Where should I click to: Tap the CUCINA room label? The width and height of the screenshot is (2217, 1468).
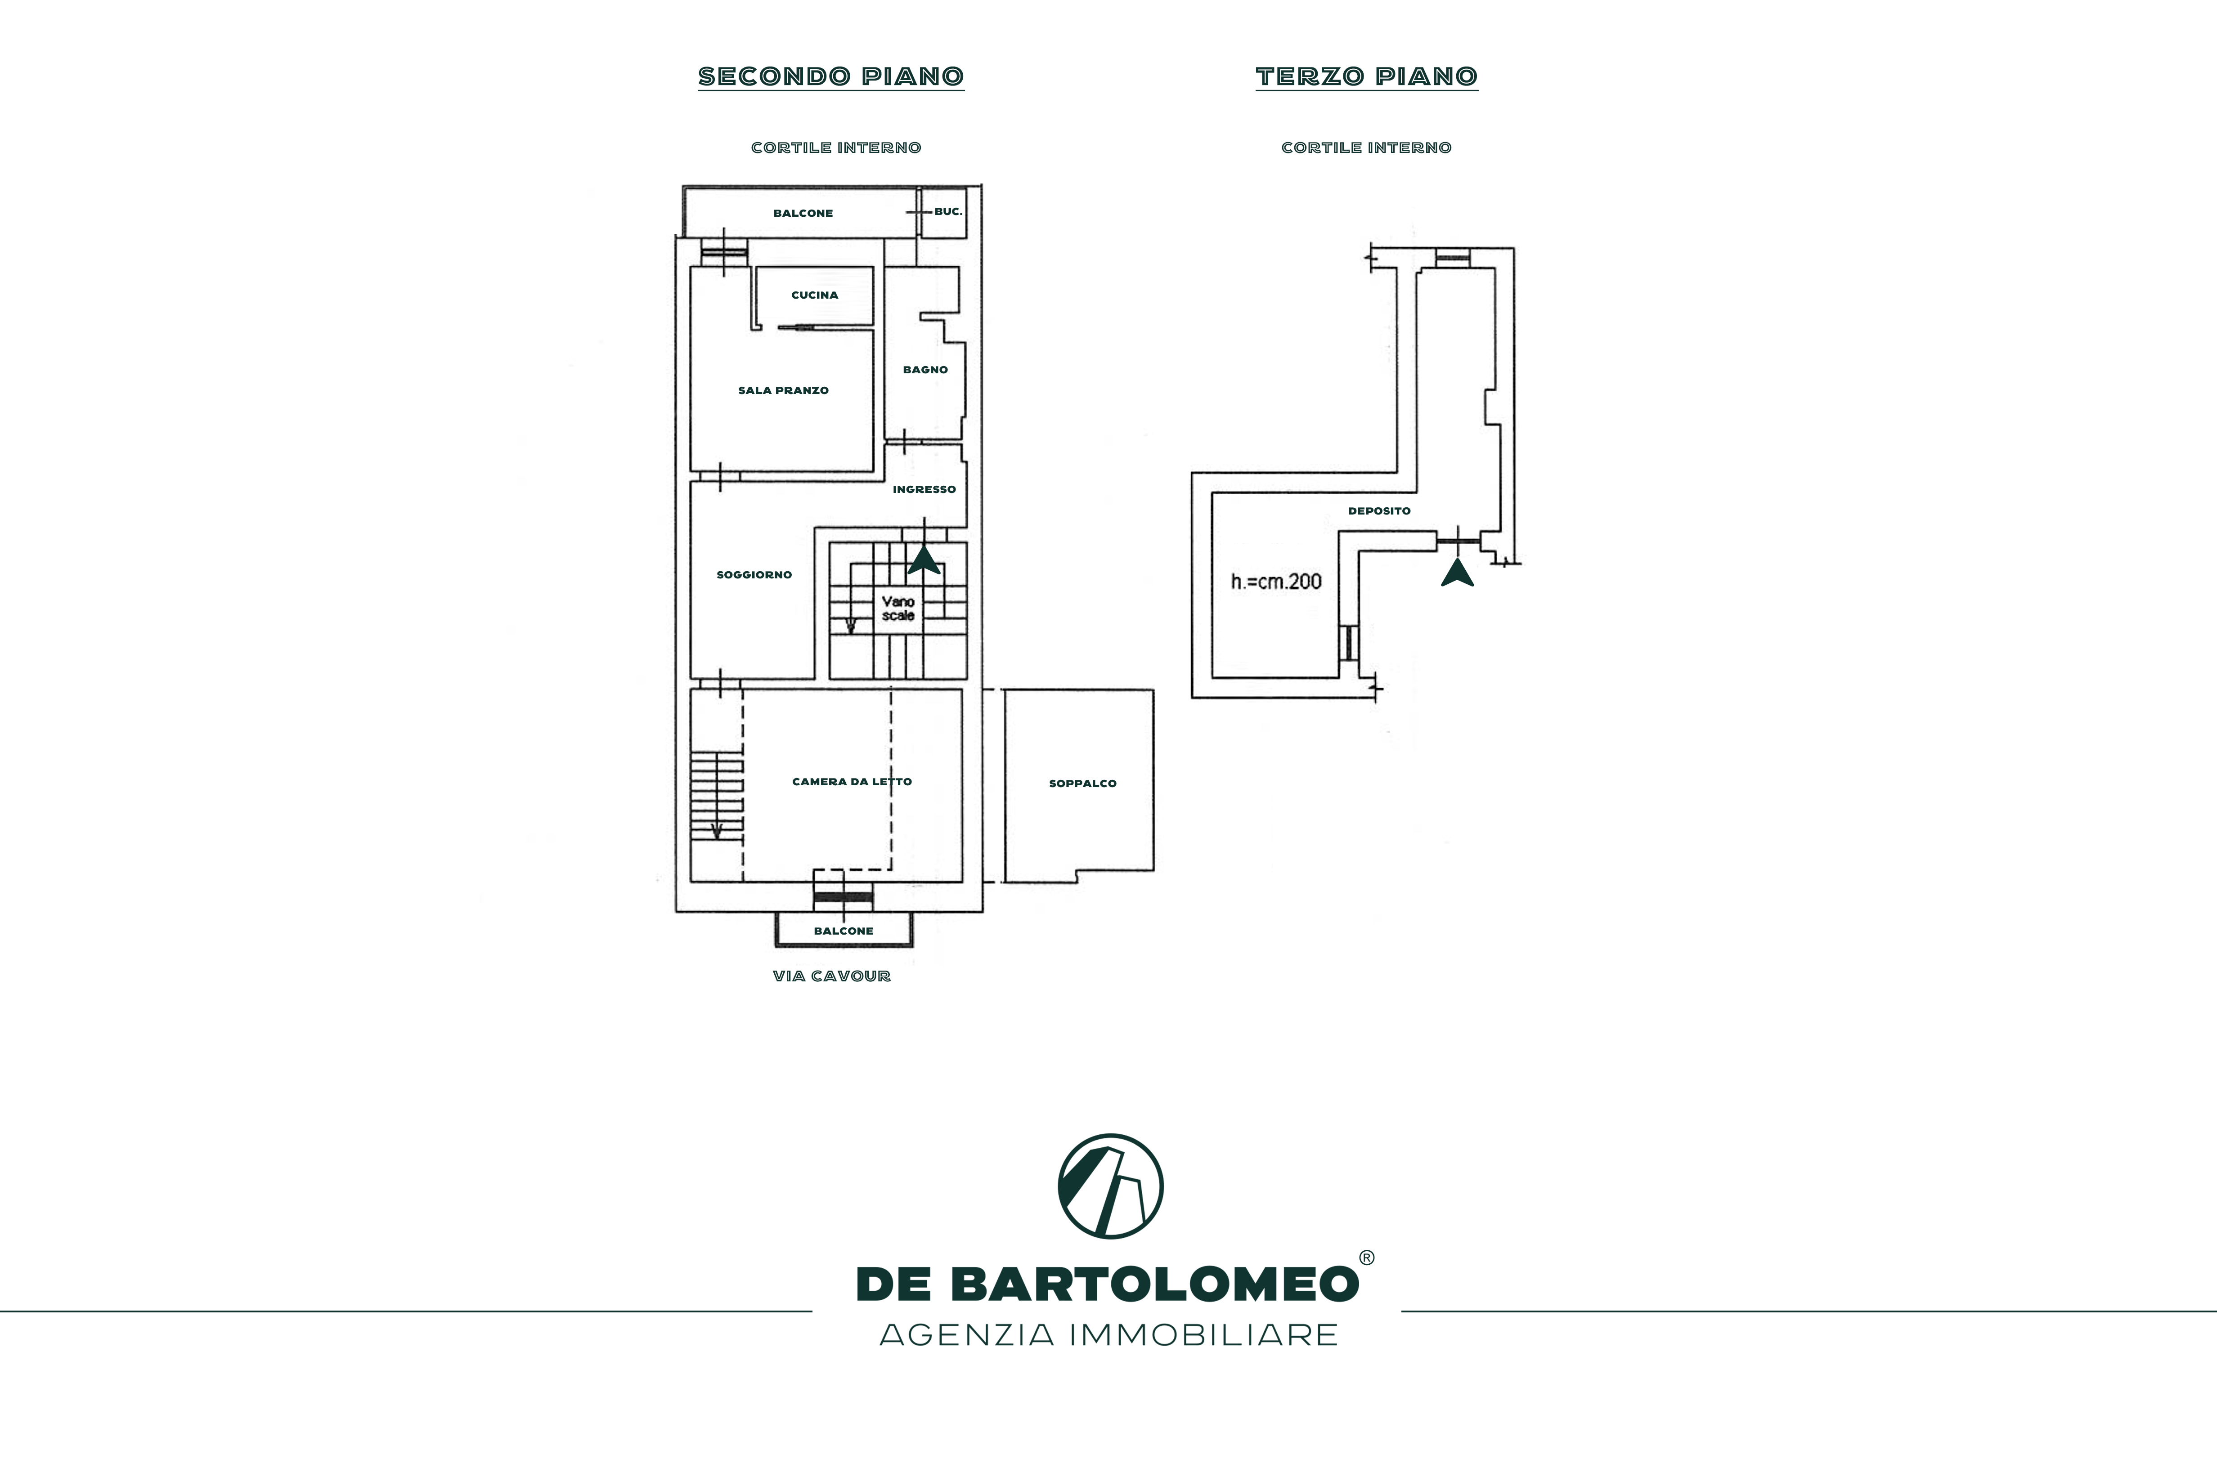point(815,295)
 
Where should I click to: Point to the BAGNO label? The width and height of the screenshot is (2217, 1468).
point(925,370)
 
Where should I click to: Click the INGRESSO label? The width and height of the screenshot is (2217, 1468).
point(924,490)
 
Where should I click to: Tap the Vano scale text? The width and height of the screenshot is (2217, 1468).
point(898,609)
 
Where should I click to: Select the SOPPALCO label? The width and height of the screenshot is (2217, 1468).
point(1082,783)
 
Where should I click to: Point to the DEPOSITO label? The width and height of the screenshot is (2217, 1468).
point(1379,511)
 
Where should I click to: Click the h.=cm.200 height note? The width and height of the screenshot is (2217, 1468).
point(1276,582)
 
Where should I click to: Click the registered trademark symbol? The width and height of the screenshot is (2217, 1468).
point(1367,1258)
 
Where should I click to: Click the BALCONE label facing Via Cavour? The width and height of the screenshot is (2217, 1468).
point(844,931)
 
